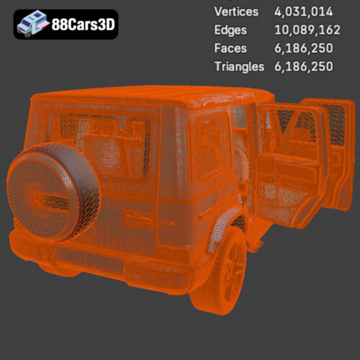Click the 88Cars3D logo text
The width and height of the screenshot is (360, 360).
(x=84, y=24)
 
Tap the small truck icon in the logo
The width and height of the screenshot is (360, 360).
(x=32, y=23)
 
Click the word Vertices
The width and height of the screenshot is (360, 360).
(x=236, y=12)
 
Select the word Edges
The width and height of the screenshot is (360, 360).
(x=230, y=30)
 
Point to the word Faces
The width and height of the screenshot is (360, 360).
(x=230, y=48)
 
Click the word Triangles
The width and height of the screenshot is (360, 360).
(x=239, y=67)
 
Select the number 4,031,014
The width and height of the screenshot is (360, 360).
(x=303, y=12)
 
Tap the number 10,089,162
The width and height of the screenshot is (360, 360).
(x=307, y=30)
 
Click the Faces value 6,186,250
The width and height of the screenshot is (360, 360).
(x=304, y=48)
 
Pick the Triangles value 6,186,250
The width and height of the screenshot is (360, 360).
(x=304, y=66)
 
